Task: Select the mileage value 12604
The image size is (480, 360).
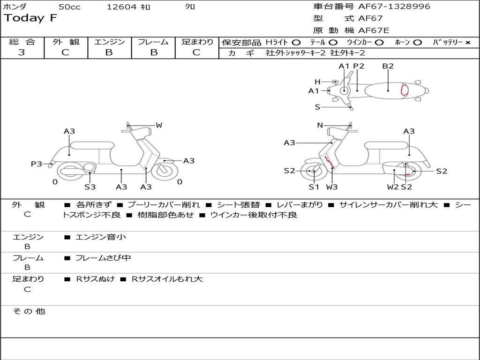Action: pos(121,7)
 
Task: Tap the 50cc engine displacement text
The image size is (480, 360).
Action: pos(69,7)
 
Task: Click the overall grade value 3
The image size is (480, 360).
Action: pos(22,52)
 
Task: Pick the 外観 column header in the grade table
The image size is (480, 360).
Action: pos(66,42)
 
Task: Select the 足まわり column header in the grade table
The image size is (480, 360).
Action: pos(197,42)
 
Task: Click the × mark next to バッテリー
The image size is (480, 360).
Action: pos(467,43)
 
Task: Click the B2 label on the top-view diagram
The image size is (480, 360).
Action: pos(388,66)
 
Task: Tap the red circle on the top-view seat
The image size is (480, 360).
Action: pos(404,90)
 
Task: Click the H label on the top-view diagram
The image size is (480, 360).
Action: pos(317,82)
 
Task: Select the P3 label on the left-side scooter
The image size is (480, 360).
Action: pos(36,164)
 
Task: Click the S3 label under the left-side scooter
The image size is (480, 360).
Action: pos(90,187)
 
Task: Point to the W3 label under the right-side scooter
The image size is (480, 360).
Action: pos(332,187)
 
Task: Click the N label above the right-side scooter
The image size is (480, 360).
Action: pos(320,125)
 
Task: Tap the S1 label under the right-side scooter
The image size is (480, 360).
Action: pos(314,187)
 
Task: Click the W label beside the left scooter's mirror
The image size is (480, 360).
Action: pos(159,125)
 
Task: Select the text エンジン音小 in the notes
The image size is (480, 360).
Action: pos(101,237)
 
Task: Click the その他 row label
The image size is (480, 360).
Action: pos(29,311)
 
